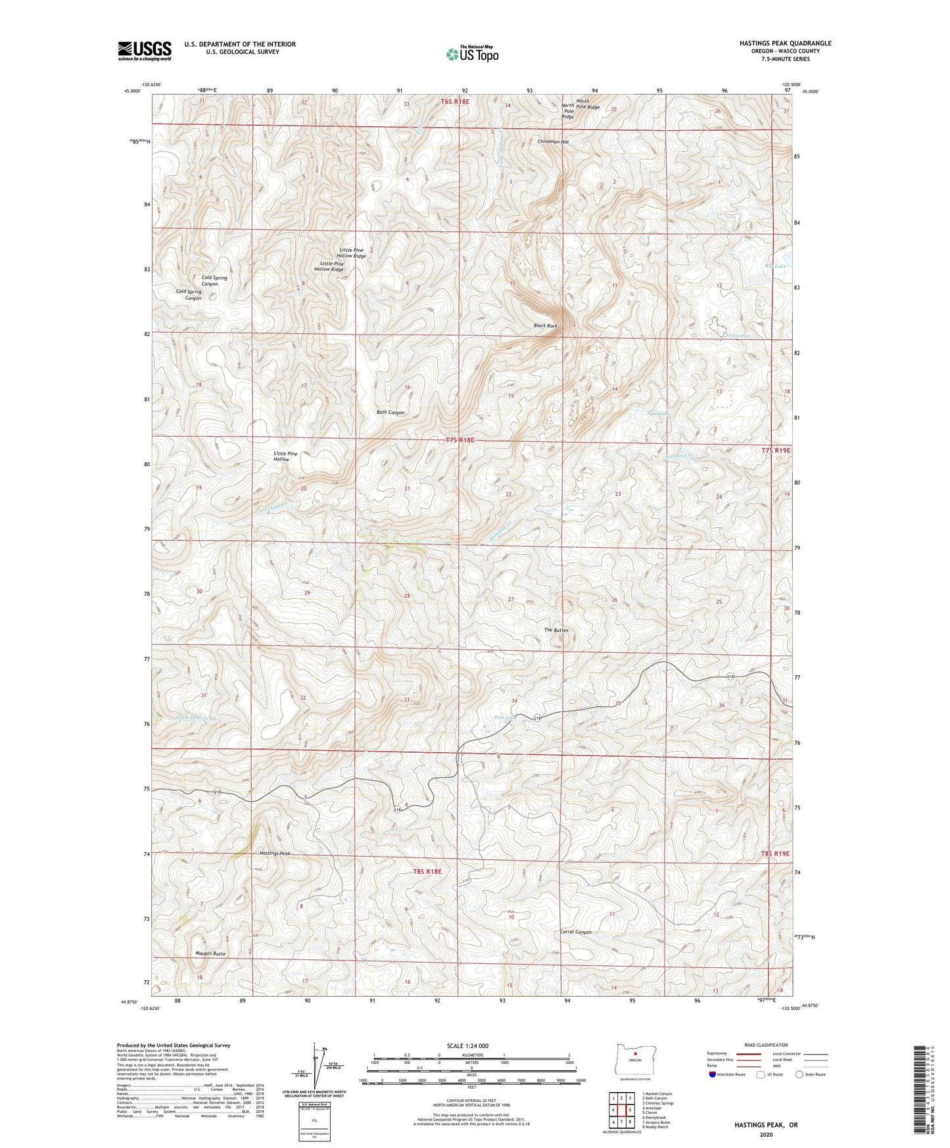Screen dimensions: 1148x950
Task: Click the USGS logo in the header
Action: pyautogui.click(x=145, y=51)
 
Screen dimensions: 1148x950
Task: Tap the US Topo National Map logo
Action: pyautogui.click(x=471, y=54)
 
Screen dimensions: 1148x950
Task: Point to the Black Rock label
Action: pyautogui.click(x=545, y=326)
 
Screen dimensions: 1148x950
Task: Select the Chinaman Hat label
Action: pyautogui.click(x=552, y=141)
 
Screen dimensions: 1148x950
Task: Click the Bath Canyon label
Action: pyautogui.click(x=390, y=412)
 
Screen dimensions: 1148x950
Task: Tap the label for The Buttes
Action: pyautogui.click(x=556, y=630)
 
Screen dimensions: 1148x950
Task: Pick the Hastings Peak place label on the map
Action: pyautogui.click(x=274, y=853)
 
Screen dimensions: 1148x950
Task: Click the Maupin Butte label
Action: pyautogui.click(x=210, y=953)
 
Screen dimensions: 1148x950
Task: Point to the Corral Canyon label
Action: pyautogui.click(x=575, y=932)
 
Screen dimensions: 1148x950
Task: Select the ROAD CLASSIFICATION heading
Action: pyautogui.click(x=767, y=1045)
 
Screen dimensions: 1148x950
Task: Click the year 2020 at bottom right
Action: pyautogui.click(x=766, y=1134)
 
